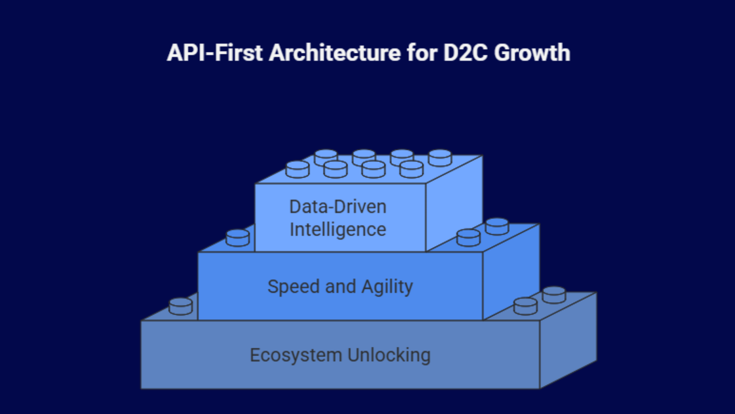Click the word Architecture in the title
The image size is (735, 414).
pyautogui.click(x=335, y=53)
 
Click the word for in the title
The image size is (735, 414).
pyautogui.click(x=422, y=53)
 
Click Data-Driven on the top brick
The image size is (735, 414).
pyautogui.click(x=338, y=207)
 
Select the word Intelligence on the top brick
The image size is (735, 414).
pyautogui.click(x=338, y=230)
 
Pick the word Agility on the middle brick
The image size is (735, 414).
pyautogui.click(x=387, y=287)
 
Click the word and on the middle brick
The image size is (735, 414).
pyautogui.click(x=340, y=287)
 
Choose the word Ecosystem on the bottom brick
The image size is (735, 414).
pyautogui.click(x=296, y=355)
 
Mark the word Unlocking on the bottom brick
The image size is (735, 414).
pyautogui.click(x=389, y=355)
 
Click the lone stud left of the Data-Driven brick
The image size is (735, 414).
pyautogui.click(x=238, y=238)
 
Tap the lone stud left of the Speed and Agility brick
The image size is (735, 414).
pyautogui.click(x=181, y=306)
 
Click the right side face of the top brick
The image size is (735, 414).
pyautogui.click(x=454, y=202)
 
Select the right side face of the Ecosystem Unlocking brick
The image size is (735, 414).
pyautogui.click(x=568, y=340)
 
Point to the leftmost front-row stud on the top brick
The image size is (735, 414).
pyautogui.click(x=298, y=169)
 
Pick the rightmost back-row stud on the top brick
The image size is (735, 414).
pyautogui.click(x=440, y=158)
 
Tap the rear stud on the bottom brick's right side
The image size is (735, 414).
pyautogui.click(x=554, y=295)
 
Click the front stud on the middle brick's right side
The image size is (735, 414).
pyautogui.click(x=469, y=238)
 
